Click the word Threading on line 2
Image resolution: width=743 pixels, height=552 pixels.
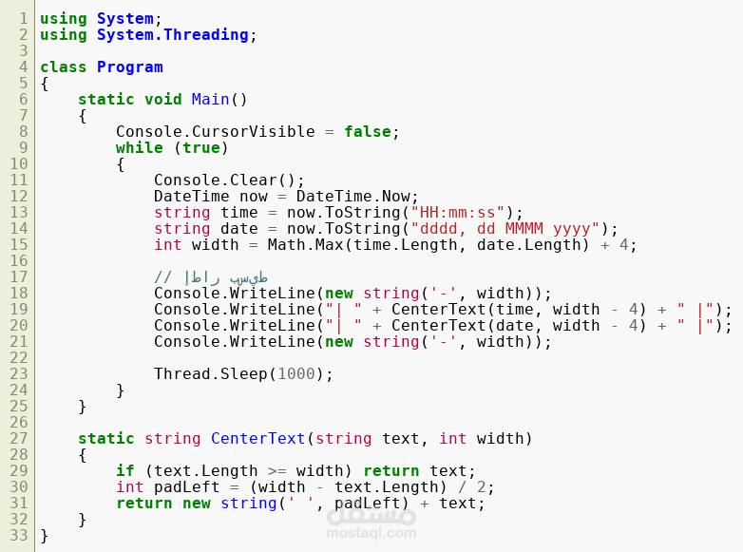point(206,35)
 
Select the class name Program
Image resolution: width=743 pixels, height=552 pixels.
point(130,67)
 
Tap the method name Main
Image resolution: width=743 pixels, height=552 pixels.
point(210,100)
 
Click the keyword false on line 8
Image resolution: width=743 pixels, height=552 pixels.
point(368,132)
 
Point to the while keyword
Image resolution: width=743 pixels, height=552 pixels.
point(140,148)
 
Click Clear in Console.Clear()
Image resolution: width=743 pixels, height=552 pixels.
point(254,181)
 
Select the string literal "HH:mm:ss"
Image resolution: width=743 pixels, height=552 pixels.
point(458,212)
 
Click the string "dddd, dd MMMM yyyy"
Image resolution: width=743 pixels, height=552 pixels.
point(505,228)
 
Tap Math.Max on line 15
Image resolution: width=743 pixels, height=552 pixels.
point(306,244)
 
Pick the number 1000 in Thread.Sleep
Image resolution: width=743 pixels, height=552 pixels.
point(296,373)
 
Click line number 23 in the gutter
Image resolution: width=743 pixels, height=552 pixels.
point(19,373)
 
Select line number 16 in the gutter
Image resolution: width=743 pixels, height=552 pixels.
point(19,260)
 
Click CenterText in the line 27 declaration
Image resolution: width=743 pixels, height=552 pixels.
point(258,438)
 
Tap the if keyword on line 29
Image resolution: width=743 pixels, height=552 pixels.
point(125,470)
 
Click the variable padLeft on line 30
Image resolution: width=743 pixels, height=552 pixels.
point(186,487)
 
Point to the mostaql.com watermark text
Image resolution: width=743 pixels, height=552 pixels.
point(371,533)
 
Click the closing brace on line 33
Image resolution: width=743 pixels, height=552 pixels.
point(44,536)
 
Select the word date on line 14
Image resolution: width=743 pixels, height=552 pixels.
point(239,228)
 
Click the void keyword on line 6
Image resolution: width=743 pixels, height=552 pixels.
point(163,100)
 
